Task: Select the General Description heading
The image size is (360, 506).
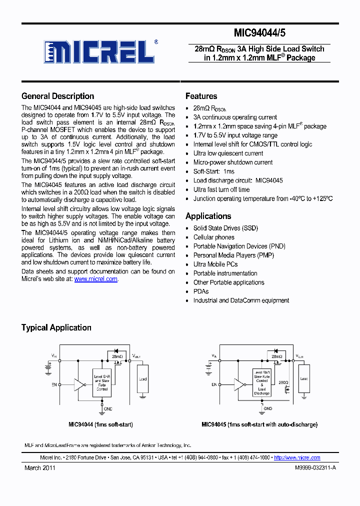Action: pos(57,96)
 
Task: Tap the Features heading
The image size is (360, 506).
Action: pos(201,96)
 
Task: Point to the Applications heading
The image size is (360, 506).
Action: pos(208,216)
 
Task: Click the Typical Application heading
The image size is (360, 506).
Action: pos(56,327)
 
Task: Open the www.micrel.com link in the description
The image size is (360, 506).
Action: pos(96,279)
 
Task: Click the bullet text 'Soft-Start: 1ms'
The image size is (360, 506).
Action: pos(213,171)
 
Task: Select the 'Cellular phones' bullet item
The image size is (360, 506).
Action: pos(213,237)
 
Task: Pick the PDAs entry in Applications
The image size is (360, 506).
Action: pos(201,291)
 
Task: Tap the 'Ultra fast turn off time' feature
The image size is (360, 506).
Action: pos(221,189)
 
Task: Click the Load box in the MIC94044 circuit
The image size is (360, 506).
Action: pos(143,379)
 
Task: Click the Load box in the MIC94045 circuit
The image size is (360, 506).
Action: pos(304,378)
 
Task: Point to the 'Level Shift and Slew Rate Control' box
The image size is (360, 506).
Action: pos(101,382)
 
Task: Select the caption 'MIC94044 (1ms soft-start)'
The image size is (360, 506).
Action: pos(100,424)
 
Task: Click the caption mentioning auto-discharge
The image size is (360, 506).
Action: pos(259,424)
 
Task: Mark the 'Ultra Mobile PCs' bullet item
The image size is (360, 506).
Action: pos(215,264)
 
